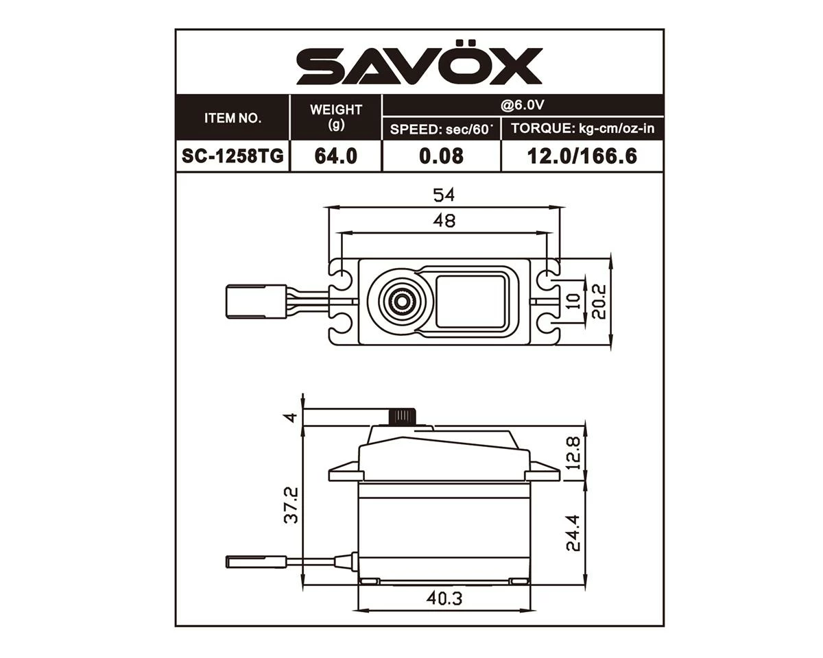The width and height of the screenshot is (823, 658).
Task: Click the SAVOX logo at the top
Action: tap(419, 66)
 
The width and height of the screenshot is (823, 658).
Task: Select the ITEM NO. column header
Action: tap(233, 118)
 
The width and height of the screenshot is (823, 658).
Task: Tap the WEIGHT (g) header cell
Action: tap(336, 118)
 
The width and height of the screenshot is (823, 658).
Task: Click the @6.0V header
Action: tap(523, 106)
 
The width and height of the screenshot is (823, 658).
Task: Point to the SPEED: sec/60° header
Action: tap(442, 129)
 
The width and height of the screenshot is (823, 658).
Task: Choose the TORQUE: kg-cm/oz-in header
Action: tap(582, 129)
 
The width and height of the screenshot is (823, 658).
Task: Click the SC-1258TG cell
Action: tap(233, 156)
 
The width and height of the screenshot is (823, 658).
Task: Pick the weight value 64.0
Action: tap(336, 156)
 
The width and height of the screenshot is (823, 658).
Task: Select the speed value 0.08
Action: tap(442, 156)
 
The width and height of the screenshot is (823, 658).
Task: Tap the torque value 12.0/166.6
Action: tap(582, 156)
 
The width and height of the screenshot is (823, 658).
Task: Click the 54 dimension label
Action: tap(444, 195)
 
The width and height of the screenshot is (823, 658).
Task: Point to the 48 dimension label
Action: tap(444, 221)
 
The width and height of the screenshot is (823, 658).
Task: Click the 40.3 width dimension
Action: tap(444, 598)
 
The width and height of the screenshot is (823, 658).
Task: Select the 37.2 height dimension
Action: tap(291, 504)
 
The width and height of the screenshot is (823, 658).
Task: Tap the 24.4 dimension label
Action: tap(573, 532)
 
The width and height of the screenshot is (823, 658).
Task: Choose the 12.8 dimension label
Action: tap(573, 452)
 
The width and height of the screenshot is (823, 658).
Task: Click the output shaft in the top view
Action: tap(398, 300)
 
